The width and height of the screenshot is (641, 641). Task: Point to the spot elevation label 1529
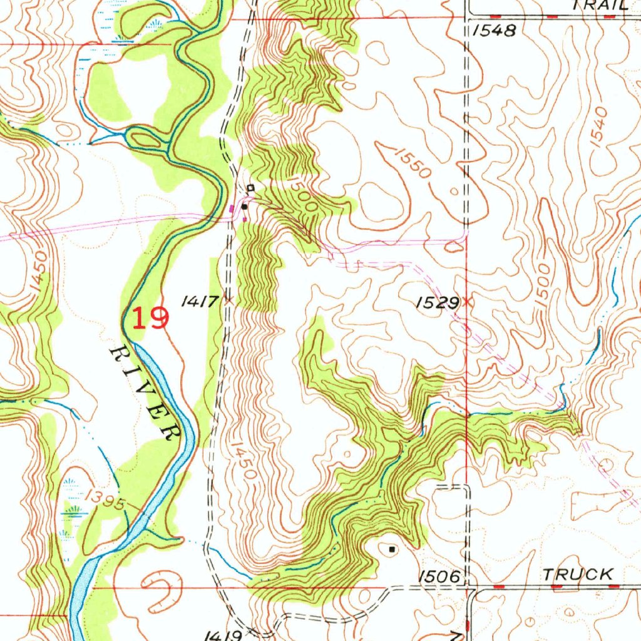437,303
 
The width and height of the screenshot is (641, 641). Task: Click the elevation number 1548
495,31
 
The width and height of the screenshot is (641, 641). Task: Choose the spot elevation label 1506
441,576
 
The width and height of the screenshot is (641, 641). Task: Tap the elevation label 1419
223,635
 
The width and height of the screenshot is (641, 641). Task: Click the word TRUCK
578,574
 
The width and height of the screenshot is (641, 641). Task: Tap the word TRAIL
600,5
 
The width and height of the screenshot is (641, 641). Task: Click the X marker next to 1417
228,301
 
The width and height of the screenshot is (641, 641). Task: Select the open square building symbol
250,187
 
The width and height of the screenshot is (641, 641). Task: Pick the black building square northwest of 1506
392,549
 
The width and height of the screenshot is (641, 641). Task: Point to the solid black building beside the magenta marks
244,206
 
